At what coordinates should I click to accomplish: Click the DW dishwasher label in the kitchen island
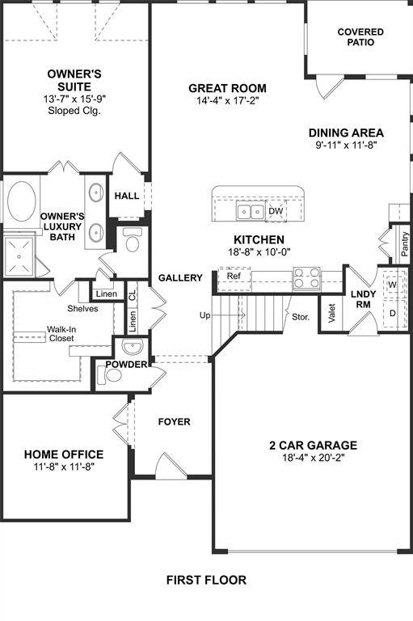point(276,211)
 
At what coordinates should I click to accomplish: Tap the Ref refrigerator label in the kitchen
point(234,276)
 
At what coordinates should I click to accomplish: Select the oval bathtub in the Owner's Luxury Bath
point(21,201)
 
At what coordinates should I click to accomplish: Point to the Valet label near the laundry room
point(332,313)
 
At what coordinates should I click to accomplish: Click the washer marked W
point(392,285)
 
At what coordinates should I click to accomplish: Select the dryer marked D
point(392,313)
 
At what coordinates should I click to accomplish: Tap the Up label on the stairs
point(204,315)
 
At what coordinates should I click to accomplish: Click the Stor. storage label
point(301,317)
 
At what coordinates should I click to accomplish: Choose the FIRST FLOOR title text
point(206,581)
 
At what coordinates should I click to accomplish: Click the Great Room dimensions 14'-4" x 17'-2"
point(227,100)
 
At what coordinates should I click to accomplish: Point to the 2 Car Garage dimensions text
point(314,458)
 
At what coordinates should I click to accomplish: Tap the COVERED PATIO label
point(360,37)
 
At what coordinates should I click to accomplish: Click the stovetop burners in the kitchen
point(306,277)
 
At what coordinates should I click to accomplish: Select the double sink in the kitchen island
point(251,211)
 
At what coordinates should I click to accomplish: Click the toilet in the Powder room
point(109,375)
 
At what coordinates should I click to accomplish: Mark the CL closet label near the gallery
point(133,294)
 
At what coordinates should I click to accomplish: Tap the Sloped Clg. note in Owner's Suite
point(74,111)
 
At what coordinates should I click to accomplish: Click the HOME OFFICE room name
point(64,454)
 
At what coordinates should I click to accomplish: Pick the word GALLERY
point(180,278)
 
